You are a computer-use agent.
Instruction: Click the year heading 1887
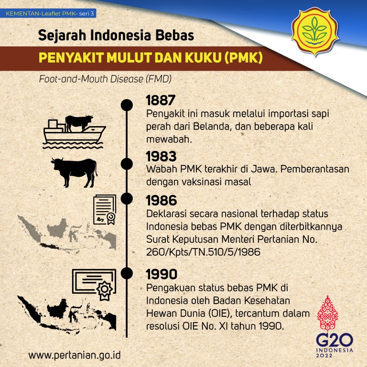pos(161,100)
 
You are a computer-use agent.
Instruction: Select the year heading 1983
pos(161,156)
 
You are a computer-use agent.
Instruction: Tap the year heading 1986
pos(161,201)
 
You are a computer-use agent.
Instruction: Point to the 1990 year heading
pos(162,274)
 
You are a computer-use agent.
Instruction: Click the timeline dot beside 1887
pos(127,105)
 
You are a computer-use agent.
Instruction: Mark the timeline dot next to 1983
pos(127,164)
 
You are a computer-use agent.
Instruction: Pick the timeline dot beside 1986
pos(127,199)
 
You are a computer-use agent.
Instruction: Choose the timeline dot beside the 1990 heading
pos(127,273)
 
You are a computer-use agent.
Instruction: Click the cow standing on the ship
pos(78,122)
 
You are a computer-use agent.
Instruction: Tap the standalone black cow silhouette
pos(75,172)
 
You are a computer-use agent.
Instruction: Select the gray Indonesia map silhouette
pos(67,234)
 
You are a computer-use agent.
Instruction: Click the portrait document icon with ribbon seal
pos(105,210)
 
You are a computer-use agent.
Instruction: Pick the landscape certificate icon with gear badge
pos(94,284)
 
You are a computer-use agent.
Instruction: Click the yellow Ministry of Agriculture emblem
pos(315,32)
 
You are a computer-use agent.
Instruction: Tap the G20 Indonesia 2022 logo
pos(334,327)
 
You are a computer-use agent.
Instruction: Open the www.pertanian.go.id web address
pos(75,356)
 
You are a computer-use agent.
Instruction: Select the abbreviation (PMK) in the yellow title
pos(243,57)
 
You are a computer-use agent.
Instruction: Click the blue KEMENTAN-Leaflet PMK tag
pos(48,13)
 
